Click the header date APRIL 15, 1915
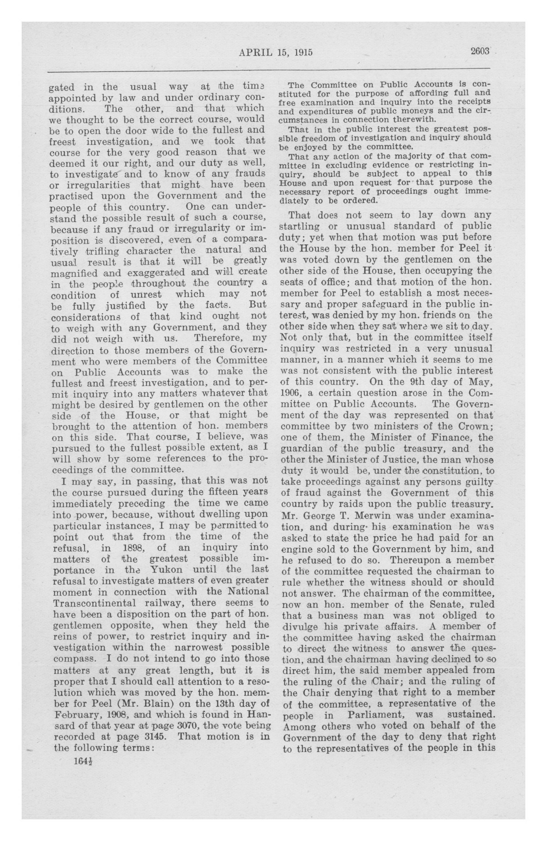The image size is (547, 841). point(276,53)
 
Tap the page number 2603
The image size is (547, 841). point(480,51)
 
